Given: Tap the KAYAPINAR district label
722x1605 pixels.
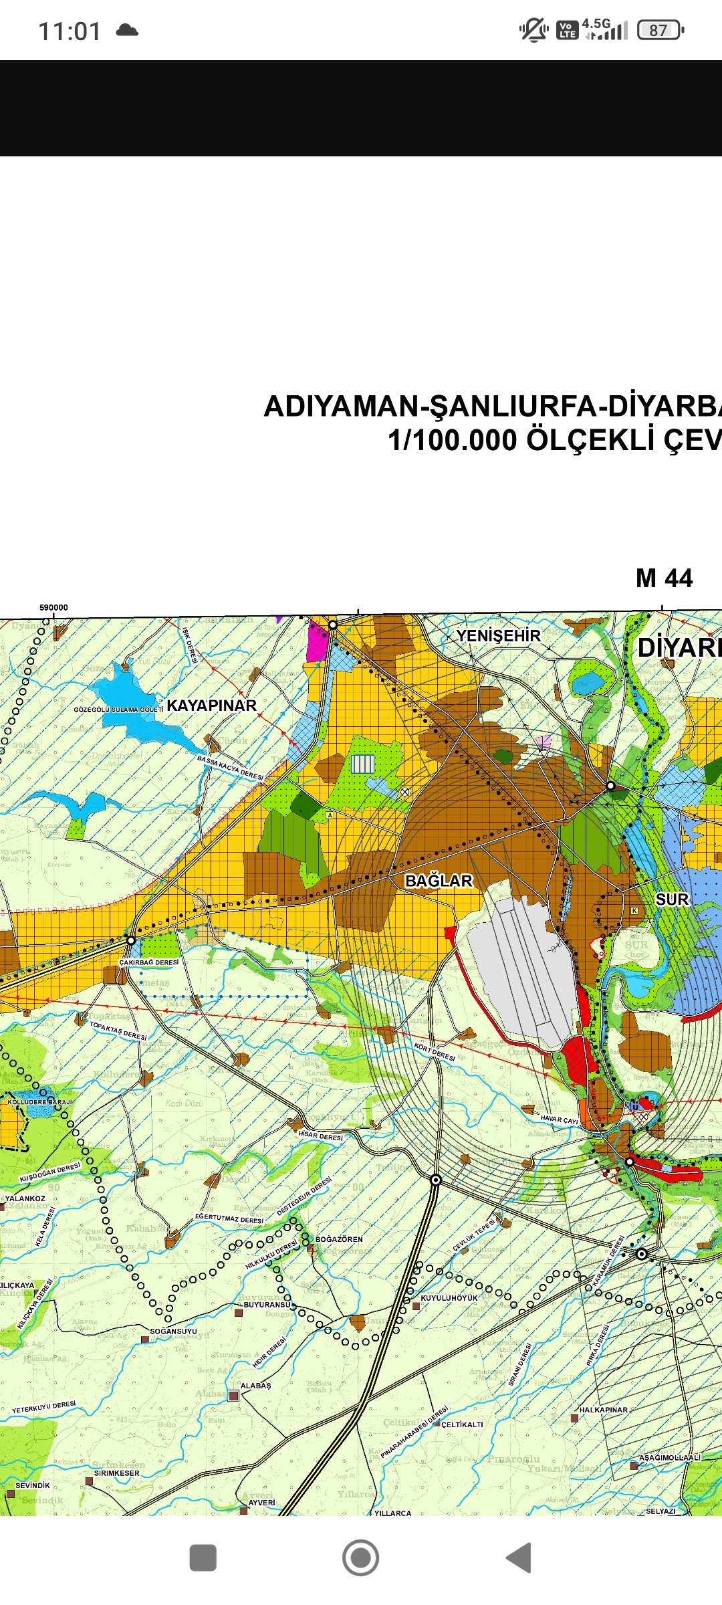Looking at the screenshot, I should [211, 706].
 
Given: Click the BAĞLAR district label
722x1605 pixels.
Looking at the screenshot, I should [439, 881].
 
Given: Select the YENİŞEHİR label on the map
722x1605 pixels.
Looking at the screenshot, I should [498, 635].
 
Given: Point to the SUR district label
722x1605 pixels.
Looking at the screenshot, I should [672, 899].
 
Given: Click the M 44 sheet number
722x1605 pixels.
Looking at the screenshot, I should [664, 578].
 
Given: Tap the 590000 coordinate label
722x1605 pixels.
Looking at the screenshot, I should [53, 607].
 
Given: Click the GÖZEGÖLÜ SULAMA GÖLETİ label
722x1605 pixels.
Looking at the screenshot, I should [118, 710].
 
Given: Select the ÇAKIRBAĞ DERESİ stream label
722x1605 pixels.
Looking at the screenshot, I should [148, 962].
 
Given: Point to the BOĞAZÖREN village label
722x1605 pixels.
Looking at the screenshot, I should [339, 1239].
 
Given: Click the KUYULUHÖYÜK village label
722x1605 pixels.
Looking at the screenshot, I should [449, 1298].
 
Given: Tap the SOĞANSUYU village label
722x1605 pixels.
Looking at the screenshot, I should [173, 1331].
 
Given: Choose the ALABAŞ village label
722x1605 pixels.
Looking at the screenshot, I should [255, 1386].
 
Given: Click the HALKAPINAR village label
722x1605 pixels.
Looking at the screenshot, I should [603, 1410].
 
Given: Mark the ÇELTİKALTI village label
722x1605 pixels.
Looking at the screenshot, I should [462, 1424].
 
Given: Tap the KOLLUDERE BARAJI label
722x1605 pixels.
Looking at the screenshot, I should [39, 1102].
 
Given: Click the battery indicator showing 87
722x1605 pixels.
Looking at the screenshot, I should [660, 30].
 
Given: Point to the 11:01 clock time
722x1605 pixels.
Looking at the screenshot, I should [70, 31].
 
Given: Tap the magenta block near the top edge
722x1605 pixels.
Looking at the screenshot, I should [318, 641].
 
